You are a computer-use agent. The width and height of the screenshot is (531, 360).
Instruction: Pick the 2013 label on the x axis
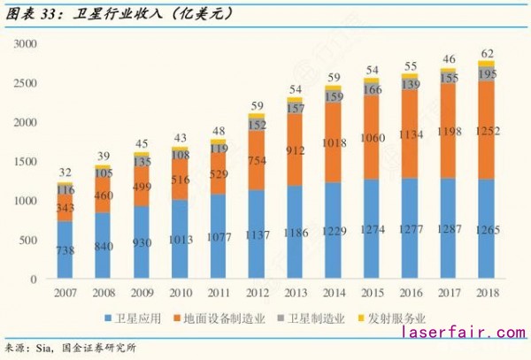coord(297,294)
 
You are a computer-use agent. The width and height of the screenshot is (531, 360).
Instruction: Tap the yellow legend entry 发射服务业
coord(395,318)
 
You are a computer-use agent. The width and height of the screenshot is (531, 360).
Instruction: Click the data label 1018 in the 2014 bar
coord(333,142)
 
